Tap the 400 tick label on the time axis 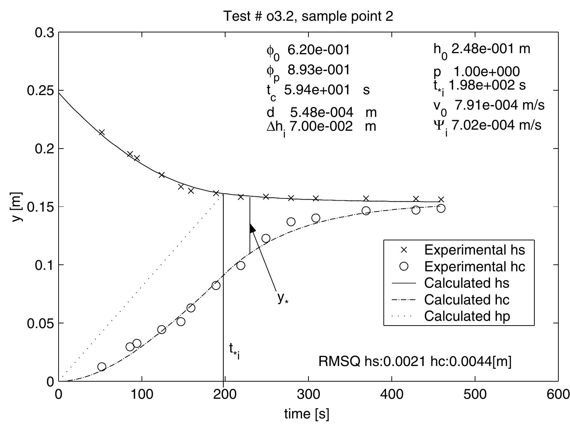point(392,394)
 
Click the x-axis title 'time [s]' point(307,414)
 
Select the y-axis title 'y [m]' point(17,206)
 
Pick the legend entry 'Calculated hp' point(467,316)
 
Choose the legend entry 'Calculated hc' point(466,300)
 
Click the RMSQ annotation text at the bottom point(415,362)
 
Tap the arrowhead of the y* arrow point(252,228)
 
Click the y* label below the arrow point(283,298)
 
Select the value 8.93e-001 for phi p point(319,70)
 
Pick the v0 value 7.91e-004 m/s point(499,105)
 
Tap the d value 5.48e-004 point(322,112)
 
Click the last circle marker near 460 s point(441,208)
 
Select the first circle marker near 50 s point(102,366)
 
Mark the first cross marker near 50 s point(102,132)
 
